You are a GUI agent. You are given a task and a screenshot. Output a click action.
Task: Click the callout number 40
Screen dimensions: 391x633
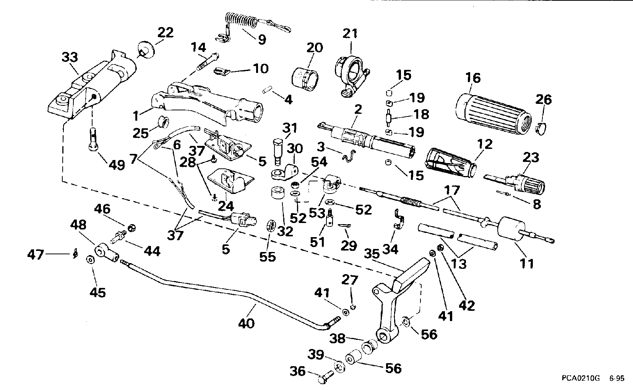click(246, 324)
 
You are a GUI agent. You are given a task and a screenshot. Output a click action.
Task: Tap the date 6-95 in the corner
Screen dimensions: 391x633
click(617, 379)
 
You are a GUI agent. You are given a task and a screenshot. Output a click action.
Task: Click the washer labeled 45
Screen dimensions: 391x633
click(90, 260)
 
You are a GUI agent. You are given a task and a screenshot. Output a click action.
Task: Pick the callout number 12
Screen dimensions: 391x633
click(485, 145)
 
